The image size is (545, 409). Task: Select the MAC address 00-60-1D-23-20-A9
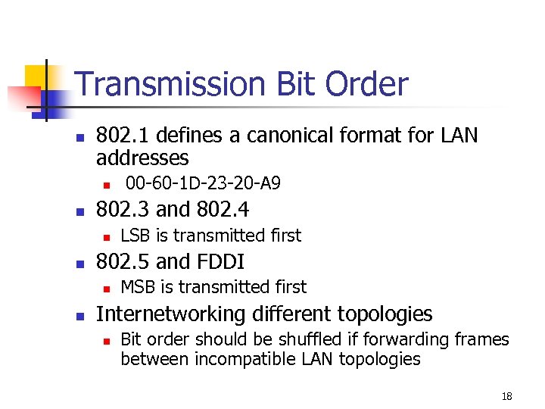pyautogui.click(x=203, y=183)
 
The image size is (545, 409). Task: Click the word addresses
pyautogui.click(x=142, y=158)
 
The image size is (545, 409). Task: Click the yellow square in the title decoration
pyautogui.click(x=38, y=76)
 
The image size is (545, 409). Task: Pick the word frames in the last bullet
pyautogui.click(x=484, y=339)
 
